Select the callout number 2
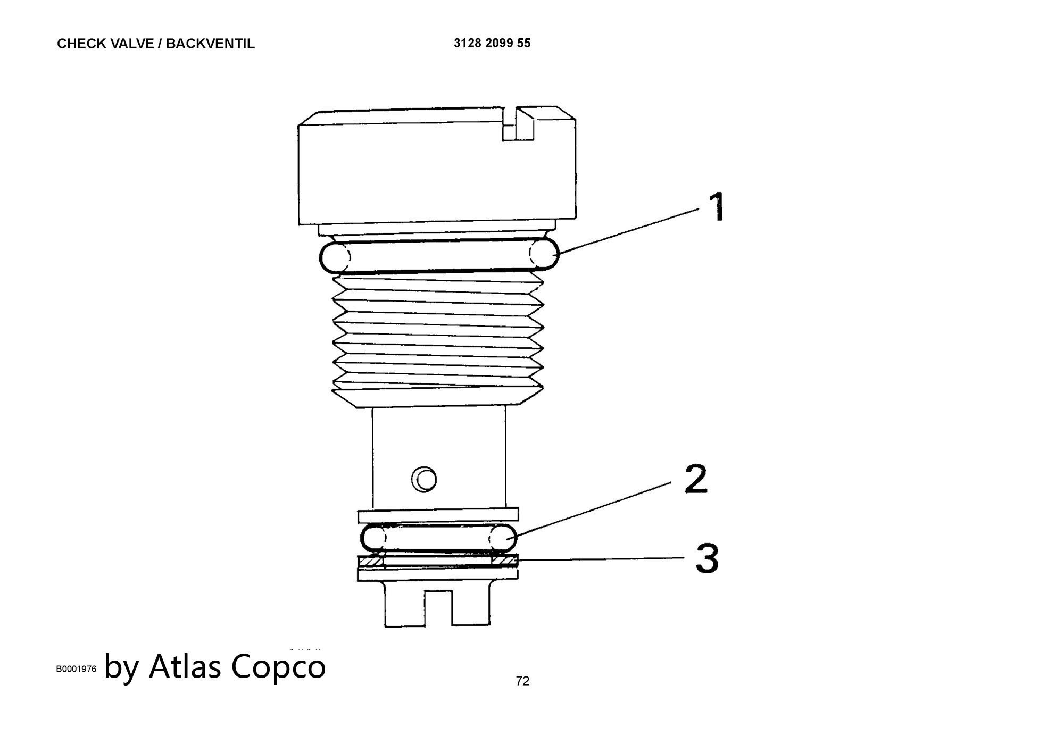click(x=696, y=479)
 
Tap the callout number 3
click(x=707, y=558)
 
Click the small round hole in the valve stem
click(x=423, y=479)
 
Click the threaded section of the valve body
click(x=438, y=340)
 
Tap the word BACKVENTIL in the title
click(x=210, y=44)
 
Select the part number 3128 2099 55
click(x=492, y=43)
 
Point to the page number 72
click(x=522, y=681)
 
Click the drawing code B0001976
click(x=77, y=669)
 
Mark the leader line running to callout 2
click(x=594, y=510)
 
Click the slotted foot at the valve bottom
click(x=437, y=603)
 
